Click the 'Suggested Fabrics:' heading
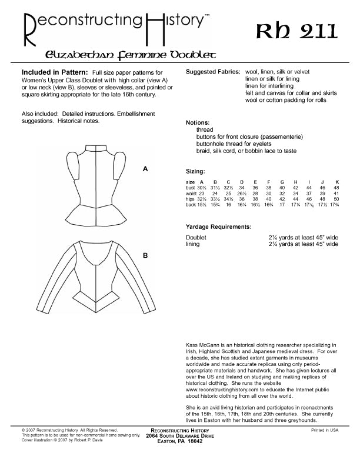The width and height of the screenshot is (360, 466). (x=212, y=71)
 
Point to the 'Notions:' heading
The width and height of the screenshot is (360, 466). (x=198, y=123)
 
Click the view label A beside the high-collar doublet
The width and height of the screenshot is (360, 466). (x=145, y=169)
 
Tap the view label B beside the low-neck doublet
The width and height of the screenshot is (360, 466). (x=145, y=256)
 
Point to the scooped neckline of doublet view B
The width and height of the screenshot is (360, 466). (x=96, y=247)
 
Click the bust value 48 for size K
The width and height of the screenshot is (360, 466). (x=336, y=188)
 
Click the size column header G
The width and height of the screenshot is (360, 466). (x=282, y=182)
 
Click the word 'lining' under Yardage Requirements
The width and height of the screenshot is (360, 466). (x=193, y=242)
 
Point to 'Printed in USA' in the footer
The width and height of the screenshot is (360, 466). (x=325, y=431)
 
